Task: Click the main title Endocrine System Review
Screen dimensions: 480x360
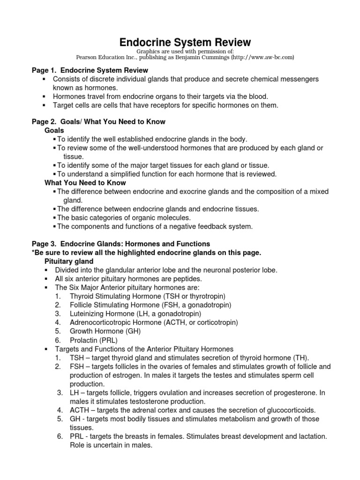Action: pos(180,43)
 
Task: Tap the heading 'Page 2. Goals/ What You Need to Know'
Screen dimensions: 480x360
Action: pos(98,121)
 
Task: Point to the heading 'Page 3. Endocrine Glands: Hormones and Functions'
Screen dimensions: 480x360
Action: pos(120,244)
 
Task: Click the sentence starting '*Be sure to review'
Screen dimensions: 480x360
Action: pos(145,253)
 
